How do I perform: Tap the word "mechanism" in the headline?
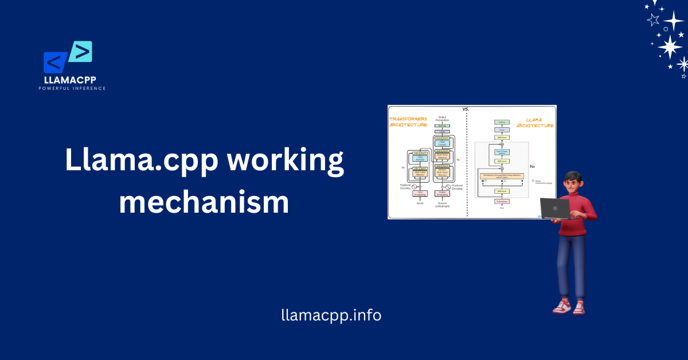pyautogui.click(x=204, y=203)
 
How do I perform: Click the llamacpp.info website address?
pyautogui.click(x=331, y=315)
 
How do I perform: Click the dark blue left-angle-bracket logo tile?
pyautogui.click(x=56, y=62)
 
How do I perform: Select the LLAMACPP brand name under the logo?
pyautogui.click(x=72, y=80)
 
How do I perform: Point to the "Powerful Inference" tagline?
pyautogui.click(x=72, y=88)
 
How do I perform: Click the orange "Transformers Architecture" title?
pyautogui.click(x=408, y=122)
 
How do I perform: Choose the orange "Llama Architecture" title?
pyautogui.click(x=535, y=123)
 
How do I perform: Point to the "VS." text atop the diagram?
pyautogui.click(x=466, y=108)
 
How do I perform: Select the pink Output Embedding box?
pyautogui.click(x=442, y=194)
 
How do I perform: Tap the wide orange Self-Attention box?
pyautogui.click(x=502, y=175)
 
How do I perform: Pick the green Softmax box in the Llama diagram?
pyautogui.click(x=502, y=122)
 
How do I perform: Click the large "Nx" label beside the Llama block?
pyautogui.click(x=532, y=166)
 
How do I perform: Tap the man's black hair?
pyautogui.click(x=573, y=177)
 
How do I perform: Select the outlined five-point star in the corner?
pyautogui.click(x=653, y=20)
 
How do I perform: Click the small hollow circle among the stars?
pyautogui.click(x=666, y=29)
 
